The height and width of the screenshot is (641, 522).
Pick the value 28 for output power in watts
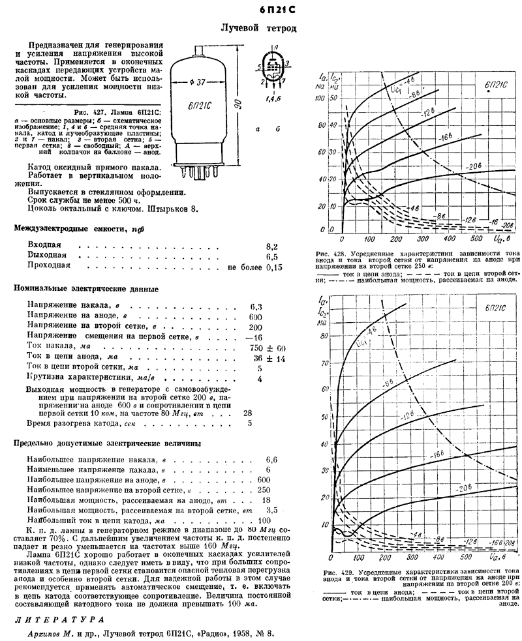click(247, 412)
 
